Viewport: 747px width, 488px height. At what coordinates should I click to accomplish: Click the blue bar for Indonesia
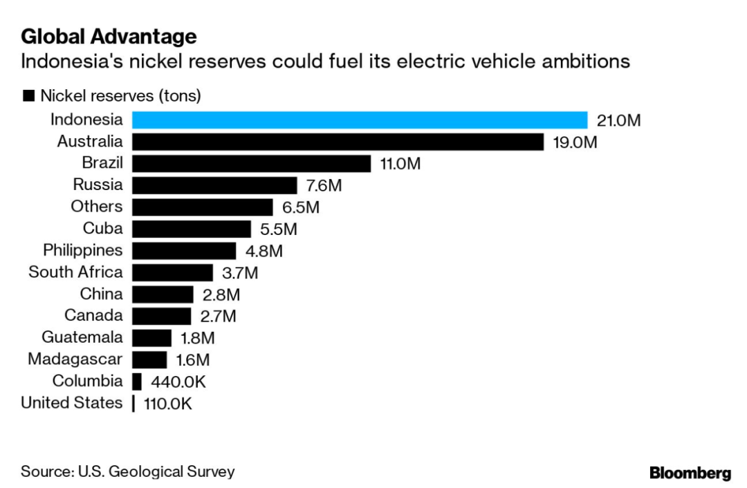pos(360,120)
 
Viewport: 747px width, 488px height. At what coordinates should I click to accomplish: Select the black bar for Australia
pos(338,142)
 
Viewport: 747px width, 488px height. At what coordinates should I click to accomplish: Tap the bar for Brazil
pos(252,164)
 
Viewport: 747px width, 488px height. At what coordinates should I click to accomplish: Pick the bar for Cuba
pos(192,229)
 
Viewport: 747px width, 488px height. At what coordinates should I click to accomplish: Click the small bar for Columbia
pos(137,382)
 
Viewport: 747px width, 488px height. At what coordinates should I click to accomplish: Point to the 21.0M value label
pos(618,121)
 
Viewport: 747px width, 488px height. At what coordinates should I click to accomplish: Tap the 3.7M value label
pos(239,273)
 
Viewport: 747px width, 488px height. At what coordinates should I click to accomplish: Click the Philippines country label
pos(83,250)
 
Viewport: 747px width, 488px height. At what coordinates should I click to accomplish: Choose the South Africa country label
pos(75,272)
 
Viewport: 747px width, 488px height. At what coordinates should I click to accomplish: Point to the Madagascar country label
pos(75,359)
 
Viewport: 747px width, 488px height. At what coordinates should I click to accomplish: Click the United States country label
pos(72,403)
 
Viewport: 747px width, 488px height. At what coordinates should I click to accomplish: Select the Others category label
pos(97,207)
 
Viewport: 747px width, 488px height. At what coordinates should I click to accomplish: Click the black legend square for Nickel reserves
pos(28,96)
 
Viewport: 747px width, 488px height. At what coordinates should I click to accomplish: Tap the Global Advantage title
pos(109,36)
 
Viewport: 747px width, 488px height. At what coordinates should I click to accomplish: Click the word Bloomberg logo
pos(690,473)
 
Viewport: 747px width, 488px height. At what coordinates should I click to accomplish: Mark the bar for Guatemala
pos(151,338)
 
